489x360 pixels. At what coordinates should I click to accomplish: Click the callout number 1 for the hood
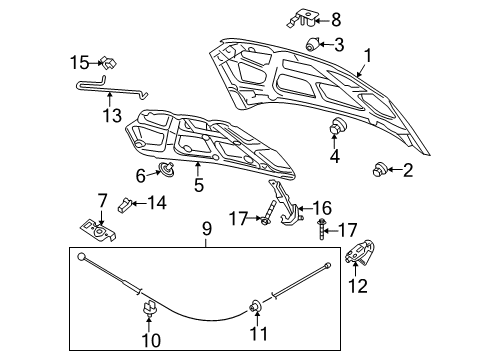tap(367, 57)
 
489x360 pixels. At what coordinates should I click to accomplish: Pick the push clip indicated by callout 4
tap(336, 127)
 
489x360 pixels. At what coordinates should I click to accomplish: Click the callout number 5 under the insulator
tap(199, 185)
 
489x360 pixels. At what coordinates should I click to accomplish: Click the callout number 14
tap(156, 203)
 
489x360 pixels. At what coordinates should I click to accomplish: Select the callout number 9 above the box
tap(207, 230)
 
